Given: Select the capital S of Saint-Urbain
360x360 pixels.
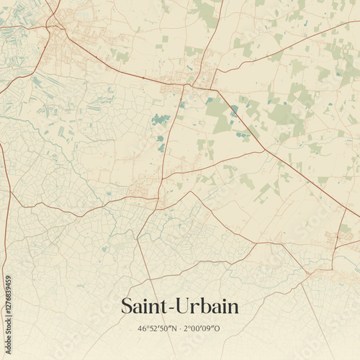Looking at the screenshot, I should [x=127, y=307].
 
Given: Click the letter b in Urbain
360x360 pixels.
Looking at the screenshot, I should [x=204, y=306].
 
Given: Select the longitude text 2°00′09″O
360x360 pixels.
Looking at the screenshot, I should [x=204, y=329].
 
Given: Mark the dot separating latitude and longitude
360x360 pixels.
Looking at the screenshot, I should [x=182, y=329].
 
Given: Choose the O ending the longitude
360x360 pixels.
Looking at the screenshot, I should [x=218, y=329].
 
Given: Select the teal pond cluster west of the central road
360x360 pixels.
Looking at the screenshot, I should [x=160, y=119].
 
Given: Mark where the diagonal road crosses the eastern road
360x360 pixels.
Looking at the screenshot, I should [x=264, y=150].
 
